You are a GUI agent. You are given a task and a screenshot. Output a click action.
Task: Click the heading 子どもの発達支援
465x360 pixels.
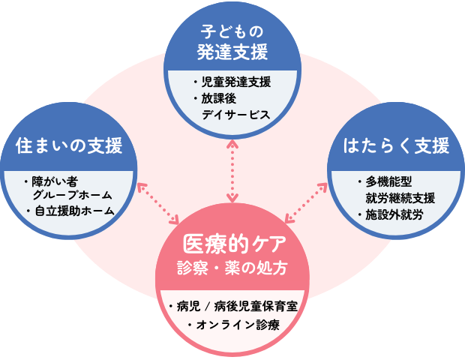pyautogui.click(x=232, y=42)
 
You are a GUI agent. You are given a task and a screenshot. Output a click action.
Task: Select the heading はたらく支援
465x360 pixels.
pyautogui.click(x=395, y=144)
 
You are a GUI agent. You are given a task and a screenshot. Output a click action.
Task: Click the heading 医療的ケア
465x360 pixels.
pyautogui.click(x=232, y=244)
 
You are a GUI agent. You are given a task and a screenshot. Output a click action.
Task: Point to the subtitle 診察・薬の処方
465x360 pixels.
pyautogui.click(x=232, y=268)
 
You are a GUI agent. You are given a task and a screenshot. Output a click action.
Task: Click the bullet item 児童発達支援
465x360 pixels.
pyautogui.click(x=235, y=82)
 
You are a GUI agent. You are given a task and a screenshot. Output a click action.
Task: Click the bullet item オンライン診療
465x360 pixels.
pyautogui.click(x=238, y=324)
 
